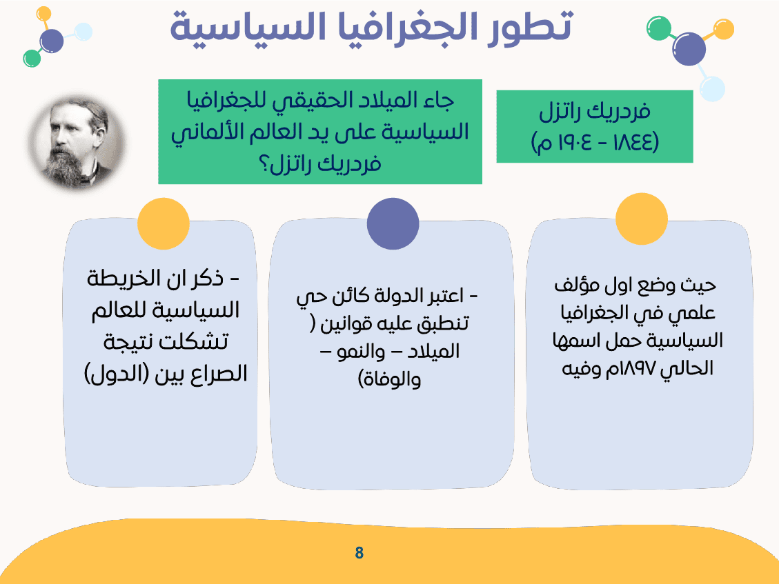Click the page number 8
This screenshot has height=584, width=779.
[359, 552]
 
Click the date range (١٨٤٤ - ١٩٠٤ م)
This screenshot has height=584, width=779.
[595, 143]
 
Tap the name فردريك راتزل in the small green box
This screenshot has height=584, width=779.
[595, 112]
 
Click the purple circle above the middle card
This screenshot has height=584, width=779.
[393, 224]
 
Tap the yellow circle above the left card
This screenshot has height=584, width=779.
[164, 224]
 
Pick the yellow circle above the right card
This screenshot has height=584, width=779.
[641, 219]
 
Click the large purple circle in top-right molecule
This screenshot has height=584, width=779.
[689, 49]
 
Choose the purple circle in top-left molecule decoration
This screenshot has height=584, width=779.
[52, 41]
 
